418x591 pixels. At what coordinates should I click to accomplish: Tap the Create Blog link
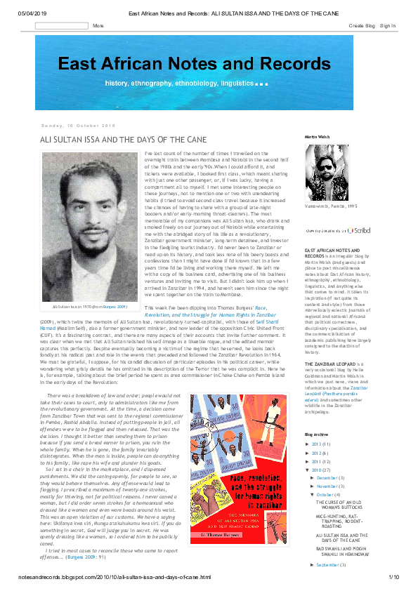pos(361,26)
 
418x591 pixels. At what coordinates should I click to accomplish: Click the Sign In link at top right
pos(388,26)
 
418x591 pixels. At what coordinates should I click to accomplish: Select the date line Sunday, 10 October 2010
pos(78,126)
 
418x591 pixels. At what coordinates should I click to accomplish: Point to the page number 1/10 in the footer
pos(393,576)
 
